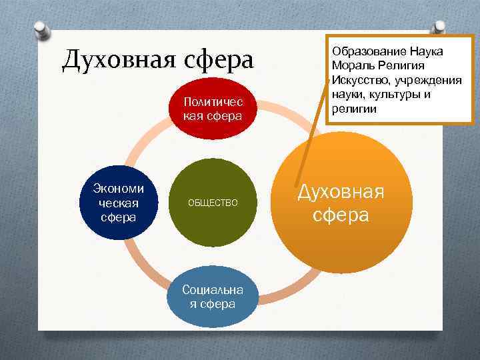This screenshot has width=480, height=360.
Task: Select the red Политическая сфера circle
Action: click(213, 111)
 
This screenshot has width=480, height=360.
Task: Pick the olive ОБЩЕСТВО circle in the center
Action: click(213, 201)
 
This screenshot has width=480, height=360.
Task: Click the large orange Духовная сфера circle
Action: click(340, 204)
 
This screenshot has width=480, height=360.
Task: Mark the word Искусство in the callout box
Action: click(357, 80)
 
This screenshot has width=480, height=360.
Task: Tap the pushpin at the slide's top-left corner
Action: click(42, 31)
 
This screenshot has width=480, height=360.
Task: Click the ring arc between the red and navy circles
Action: click(143, 137)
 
